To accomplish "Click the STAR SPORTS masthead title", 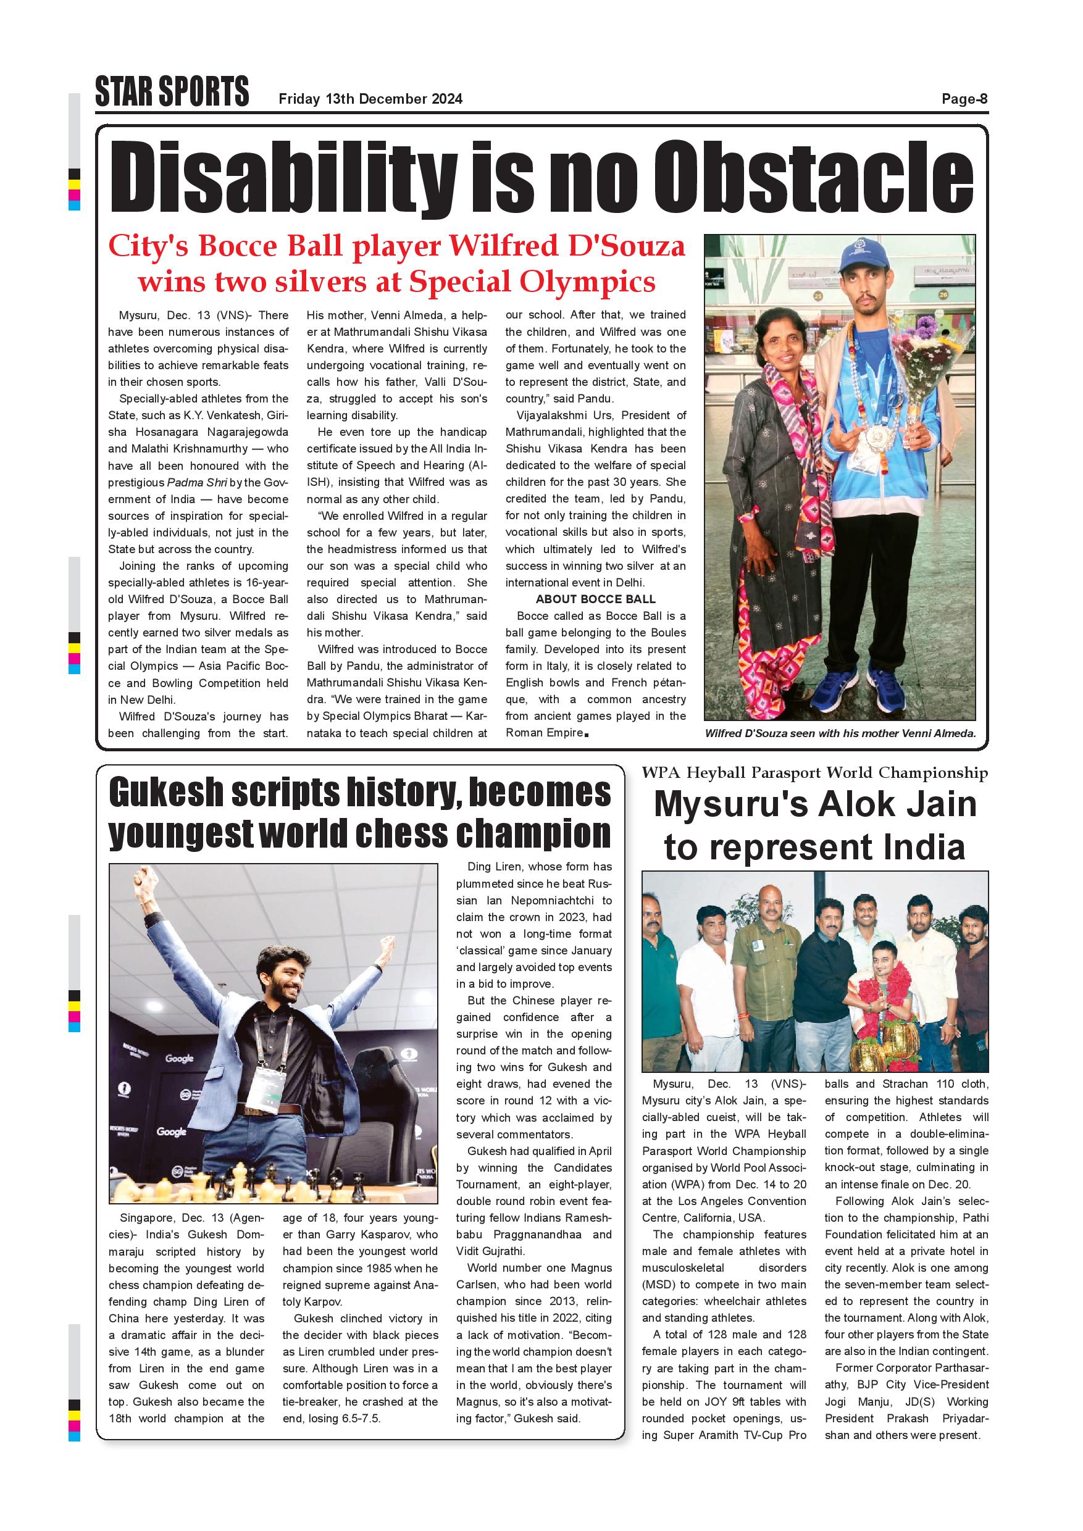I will coord(172,92).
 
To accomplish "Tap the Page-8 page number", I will coord(964,99).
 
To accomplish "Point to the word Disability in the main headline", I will coord(284,176).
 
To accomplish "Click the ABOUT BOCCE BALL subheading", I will coord(595,599).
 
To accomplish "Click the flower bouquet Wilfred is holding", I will coord(927,353).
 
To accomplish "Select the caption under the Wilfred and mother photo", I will coord(840,733).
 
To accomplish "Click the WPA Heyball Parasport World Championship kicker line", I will coord(814,773).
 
